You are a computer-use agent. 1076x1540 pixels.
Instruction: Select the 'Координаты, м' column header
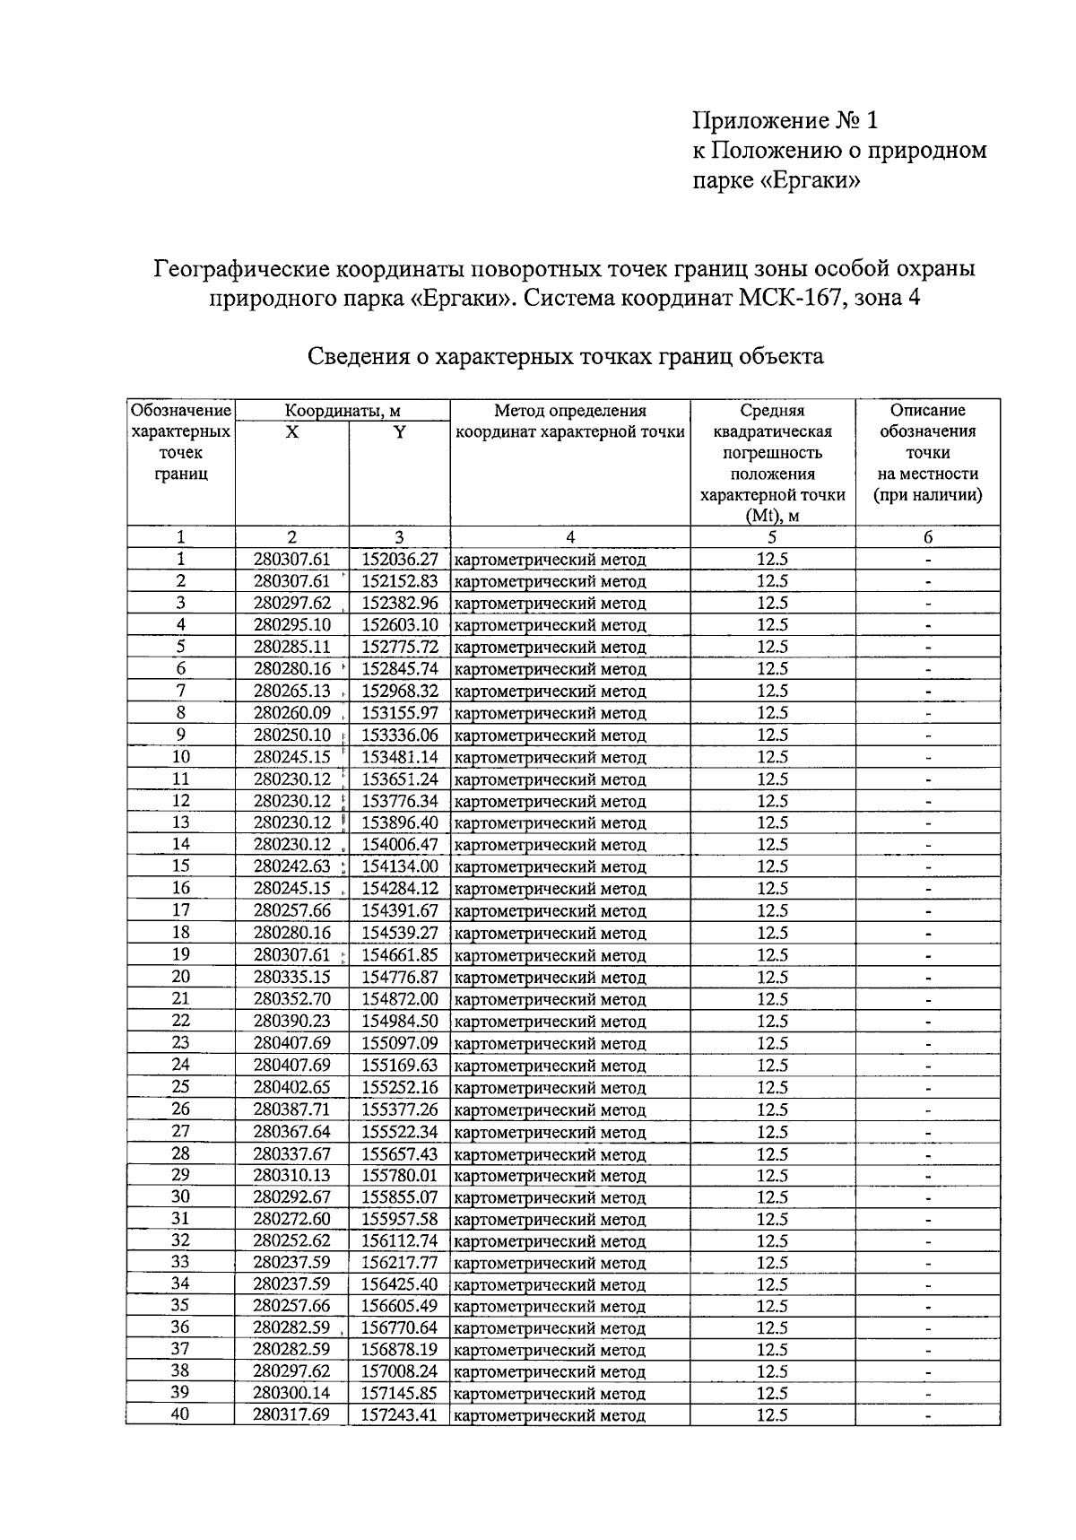click(342, 411)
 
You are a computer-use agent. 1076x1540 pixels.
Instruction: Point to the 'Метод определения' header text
click(570, 411)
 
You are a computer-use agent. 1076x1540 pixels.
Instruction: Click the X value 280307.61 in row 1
click(292, 560)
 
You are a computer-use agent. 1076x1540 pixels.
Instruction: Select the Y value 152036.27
click(400, 560)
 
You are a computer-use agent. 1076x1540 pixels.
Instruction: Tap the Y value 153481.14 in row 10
click(400, 757)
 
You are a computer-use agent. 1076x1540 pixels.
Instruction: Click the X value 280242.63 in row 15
click(292, 867)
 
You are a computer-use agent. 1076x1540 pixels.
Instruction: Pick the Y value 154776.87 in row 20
click(400, 977)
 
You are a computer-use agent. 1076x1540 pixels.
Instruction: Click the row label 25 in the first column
click(180, 1087)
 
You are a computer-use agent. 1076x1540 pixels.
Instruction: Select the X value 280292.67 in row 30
click(292, 1197)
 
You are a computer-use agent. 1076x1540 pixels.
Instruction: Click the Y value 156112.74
click(400, 1241)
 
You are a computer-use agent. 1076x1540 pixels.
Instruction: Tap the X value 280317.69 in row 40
click(292, 1415)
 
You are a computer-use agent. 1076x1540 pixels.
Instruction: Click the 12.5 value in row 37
click(772, 1350)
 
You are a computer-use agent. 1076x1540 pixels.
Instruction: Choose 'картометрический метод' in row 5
click(551, 648)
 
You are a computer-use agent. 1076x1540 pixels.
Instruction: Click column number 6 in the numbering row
click(928, 537)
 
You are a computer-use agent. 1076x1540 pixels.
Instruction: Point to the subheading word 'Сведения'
click(355, 356)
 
